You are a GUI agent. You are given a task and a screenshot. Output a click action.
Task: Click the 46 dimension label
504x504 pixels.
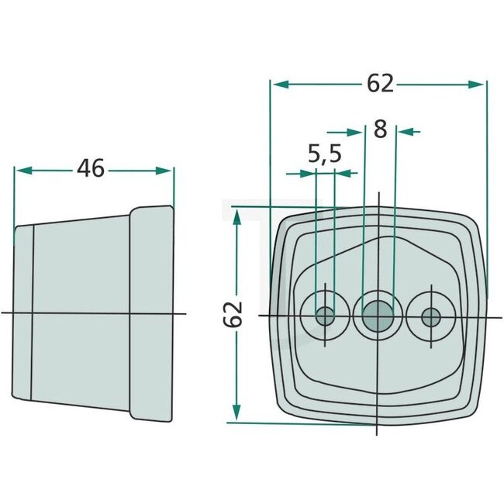pyautogui.click(x=91, y=168)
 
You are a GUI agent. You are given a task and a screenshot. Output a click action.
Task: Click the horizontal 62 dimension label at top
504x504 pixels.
pyautogui.click(x=380, y=84)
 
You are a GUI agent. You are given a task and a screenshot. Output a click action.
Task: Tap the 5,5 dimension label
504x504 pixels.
pyautogui.click(x=324, y=154)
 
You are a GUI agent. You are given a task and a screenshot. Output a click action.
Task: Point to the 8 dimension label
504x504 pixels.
pyautogui.click(x=379, y=129)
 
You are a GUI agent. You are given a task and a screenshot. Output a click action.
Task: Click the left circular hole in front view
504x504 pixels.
pyautogui.click(x=325, y=316)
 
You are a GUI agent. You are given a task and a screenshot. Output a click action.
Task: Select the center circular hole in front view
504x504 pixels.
pyautogui.click(x=377, y=315)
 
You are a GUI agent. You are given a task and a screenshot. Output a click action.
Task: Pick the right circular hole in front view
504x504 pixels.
pyautogui.click(x=430, y=316)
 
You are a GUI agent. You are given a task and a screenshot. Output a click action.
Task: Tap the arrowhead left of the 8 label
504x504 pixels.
pyautogui.click(x=357, y=131)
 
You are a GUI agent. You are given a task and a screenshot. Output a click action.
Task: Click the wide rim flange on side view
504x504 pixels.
pyautogui.click(x=151, y=313)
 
